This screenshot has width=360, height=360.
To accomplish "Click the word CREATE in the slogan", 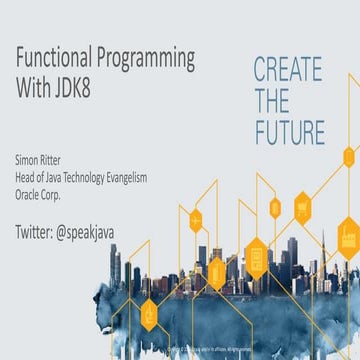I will tap(288, 71).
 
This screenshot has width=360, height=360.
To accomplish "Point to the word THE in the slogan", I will tap(272, 101).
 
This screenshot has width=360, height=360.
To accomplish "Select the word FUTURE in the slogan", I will tap(289, 133).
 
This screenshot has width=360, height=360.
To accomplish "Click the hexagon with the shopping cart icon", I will tap(303, 208).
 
